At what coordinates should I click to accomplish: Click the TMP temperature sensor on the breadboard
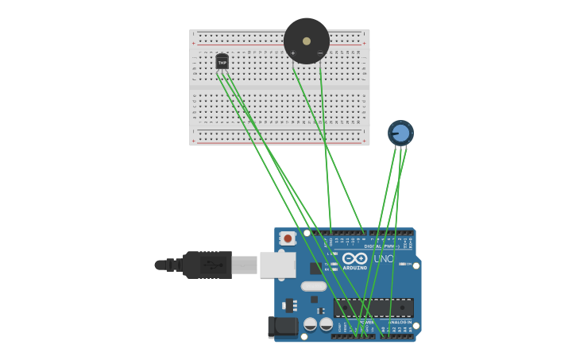click(x=222, y=61)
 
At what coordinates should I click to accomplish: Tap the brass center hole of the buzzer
click(x=307, y=41)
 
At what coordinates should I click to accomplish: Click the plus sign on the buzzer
click(x=293, y=53)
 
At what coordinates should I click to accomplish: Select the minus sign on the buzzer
click(x=320, y=53)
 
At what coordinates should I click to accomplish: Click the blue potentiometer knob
click(x=400, y=133)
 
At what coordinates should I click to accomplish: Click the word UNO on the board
click(x=384, y=259)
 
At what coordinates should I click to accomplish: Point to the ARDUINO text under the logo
click(x=355, y=268)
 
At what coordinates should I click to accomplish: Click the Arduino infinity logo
click(x=355, y=258)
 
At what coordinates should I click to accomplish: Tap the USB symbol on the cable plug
click(x=211, y=265)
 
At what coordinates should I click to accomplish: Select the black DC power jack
click(x=282, y=327)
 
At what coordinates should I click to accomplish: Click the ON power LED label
click(x=408, y=264)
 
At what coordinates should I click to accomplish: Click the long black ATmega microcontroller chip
click(x=373, y=307)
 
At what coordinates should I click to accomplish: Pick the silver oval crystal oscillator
click(x=314, y=286)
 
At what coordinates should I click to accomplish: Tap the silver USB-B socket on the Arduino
click(x=277, y=265)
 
